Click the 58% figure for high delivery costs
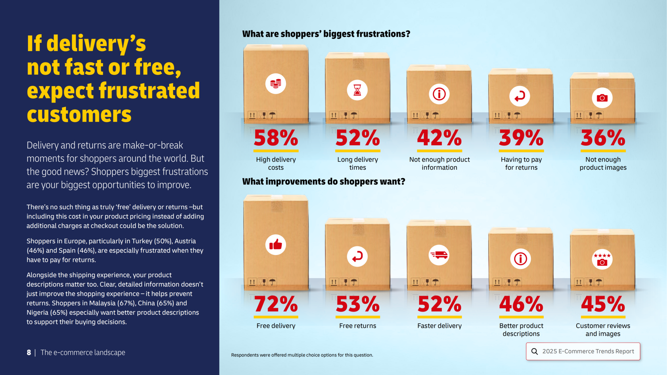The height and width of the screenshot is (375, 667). [276, 138]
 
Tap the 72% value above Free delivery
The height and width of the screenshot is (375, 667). [276, 304]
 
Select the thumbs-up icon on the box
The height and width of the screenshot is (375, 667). [276, 245]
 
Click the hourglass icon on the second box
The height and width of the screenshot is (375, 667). [357, 90]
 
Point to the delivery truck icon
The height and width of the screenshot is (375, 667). [439, 255]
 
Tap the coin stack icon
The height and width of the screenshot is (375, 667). [276, 83]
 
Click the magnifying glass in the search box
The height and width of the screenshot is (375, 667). [534, 351]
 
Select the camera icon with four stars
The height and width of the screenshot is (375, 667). [602, 259]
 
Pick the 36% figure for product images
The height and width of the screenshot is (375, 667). [603, 138]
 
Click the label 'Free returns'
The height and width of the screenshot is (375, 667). [358, 326]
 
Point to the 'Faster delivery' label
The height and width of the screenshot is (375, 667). [439, 326]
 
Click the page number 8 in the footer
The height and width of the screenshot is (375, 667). [29, 352]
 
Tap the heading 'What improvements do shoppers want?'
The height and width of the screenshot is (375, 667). [323, 181]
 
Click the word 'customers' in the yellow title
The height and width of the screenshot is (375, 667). [79, 114]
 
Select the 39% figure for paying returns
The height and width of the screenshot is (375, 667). [521, 138]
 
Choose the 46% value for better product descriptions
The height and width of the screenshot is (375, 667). [521, 304]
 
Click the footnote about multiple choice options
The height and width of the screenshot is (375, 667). [302, 355]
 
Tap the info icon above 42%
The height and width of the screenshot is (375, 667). [439, 94]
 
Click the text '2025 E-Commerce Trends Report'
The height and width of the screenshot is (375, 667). [588, 351]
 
